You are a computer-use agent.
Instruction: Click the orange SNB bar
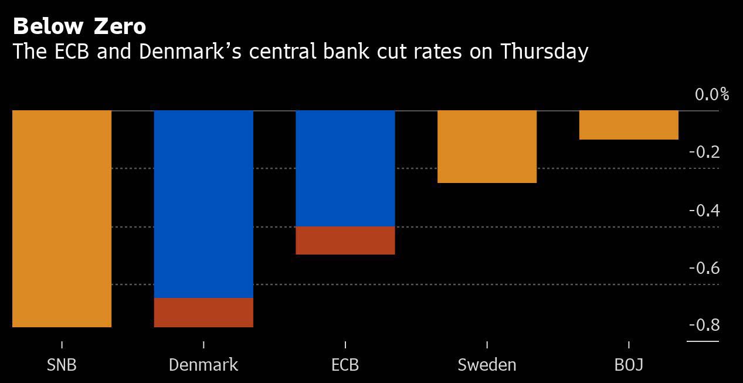(x=62, y=218)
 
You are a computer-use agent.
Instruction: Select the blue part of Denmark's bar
(x=203, y=204)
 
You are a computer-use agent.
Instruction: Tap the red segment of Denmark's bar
(x=203, y=313)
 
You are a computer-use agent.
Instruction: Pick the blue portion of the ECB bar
(x=345, y=168)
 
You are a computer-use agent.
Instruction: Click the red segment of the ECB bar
(x=345, y=240)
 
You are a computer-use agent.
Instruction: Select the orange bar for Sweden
(x=487, y=147)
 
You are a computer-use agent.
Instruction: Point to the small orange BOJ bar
(x=629, y=125)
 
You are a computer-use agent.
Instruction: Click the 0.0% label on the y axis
(x=711, y=94)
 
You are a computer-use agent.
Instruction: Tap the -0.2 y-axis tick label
(x=704, y=152)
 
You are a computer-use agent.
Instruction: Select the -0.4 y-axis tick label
(x=704, y=211)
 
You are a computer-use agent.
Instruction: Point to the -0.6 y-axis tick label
(x=704, y=268)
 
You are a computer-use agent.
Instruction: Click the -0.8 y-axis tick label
(x=704, y=326)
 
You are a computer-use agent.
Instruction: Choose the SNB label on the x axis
(x=62, y=365)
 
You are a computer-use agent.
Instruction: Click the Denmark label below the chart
(x=203, y=365)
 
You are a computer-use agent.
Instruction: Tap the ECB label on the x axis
(x=345, y=365)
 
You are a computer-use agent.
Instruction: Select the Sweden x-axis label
(x=487, y=365)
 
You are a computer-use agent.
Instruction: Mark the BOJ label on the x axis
(x=629, y=365)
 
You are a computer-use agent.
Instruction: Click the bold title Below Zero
(x=79, y=26)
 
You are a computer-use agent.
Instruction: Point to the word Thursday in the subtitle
(x=544, y=52)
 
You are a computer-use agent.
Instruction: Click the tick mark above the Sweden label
(x=487, y=344)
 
